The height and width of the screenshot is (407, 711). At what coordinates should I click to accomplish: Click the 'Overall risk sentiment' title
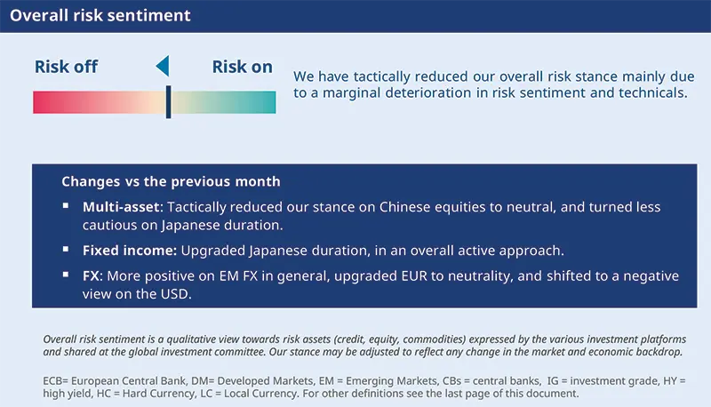click(x=100, y=16)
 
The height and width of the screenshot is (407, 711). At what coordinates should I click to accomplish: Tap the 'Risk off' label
click(x=66, y=67)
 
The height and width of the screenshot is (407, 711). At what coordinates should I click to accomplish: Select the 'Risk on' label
click(x=242, y=67)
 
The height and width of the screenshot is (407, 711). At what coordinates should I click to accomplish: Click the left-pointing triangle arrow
click(x=162, y=66)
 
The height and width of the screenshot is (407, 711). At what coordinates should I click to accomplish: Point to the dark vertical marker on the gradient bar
click(x=168, y=101)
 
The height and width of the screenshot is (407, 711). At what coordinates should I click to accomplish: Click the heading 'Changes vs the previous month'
click(x=171, y=181)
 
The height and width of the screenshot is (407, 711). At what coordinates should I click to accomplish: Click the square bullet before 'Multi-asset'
click(x=65, y=206)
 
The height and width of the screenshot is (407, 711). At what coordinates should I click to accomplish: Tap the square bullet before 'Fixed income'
click(x=65, y=250)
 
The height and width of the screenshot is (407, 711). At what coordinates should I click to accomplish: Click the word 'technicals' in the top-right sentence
click(x=649, y=92)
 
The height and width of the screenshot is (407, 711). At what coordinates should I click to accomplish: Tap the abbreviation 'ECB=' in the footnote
click(x=57, y=379)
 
